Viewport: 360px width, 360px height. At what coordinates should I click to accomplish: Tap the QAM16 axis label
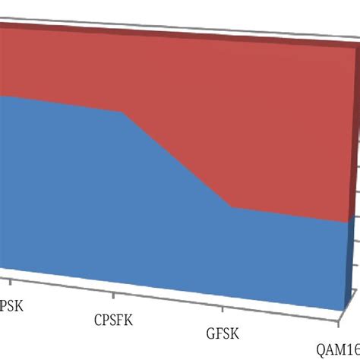[x=339, y=350]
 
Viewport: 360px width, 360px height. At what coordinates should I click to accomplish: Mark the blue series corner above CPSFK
[x=122, y=112]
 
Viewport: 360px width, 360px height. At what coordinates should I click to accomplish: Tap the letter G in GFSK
[x=210, y=333]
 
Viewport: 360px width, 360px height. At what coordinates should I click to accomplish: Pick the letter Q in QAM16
[x=322, y=350]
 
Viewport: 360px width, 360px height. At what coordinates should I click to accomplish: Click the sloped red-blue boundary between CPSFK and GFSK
[x=176, y=159]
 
